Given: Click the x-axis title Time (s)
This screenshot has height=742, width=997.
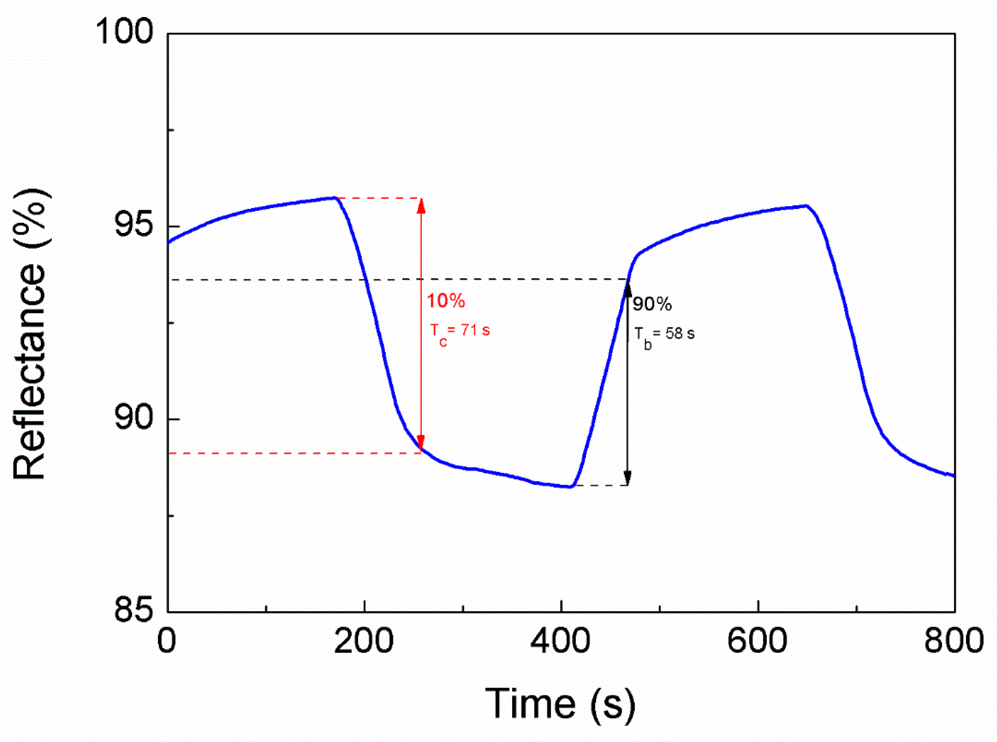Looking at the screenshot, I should (560, 704).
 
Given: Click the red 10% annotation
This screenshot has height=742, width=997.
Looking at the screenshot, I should (446, 300).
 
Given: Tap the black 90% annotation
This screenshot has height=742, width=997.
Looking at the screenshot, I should (652, 304).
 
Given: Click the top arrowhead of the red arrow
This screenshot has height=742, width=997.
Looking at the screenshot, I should (421, 206).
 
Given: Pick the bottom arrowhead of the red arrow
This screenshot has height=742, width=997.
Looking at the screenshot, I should (421, 442).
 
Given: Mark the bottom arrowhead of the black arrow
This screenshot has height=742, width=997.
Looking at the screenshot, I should (628, 477).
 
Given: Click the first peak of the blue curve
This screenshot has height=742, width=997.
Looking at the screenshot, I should (335, 198).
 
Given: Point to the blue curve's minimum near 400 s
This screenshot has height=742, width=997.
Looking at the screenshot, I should (570, 486).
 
